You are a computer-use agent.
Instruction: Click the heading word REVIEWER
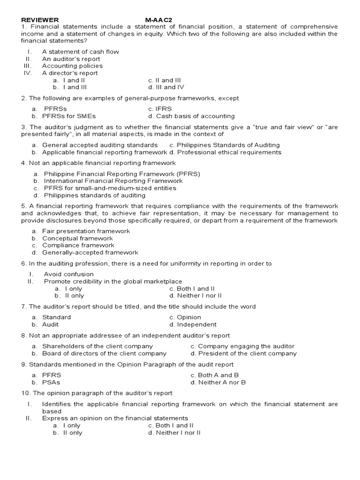point(40,20)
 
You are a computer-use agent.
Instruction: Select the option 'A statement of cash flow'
point(80,52)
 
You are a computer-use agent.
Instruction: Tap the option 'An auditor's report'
point(71,59)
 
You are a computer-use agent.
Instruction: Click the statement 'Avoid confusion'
point(68,274)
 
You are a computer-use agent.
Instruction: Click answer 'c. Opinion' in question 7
point(185,317)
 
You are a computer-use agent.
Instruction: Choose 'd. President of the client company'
point(244,353)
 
